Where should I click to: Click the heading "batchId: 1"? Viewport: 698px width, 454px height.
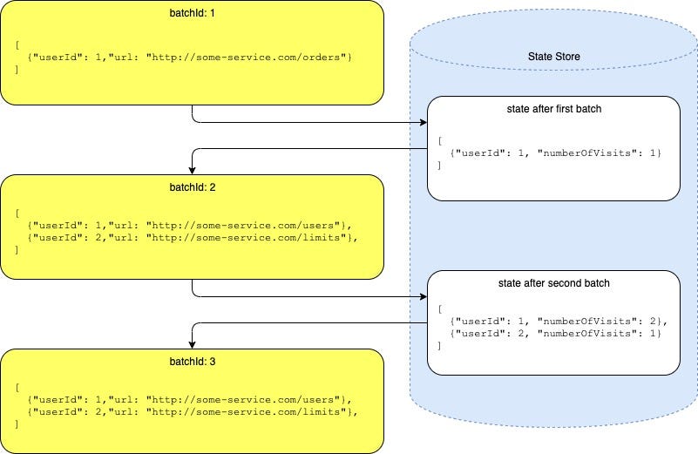[192, 13]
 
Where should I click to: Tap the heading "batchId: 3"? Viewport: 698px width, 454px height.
[192, 362]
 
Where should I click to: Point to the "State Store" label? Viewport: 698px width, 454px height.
[553, 57]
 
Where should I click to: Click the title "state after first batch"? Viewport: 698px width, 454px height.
[553, 110]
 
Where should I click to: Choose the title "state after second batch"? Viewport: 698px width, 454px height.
[553, 283]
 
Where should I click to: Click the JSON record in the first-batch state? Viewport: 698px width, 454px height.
[557, 153]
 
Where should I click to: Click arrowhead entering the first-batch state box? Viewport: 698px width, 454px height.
[422, 124]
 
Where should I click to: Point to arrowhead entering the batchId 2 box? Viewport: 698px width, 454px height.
[192, 170]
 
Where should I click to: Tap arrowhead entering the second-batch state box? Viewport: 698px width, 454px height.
[422, 297]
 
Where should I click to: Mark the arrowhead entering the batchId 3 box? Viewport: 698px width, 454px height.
[192, 344]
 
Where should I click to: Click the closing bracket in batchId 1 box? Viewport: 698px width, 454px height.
[17, 69]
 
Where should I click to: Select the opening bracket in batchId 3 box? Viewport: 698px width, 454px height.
[17, 387]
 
